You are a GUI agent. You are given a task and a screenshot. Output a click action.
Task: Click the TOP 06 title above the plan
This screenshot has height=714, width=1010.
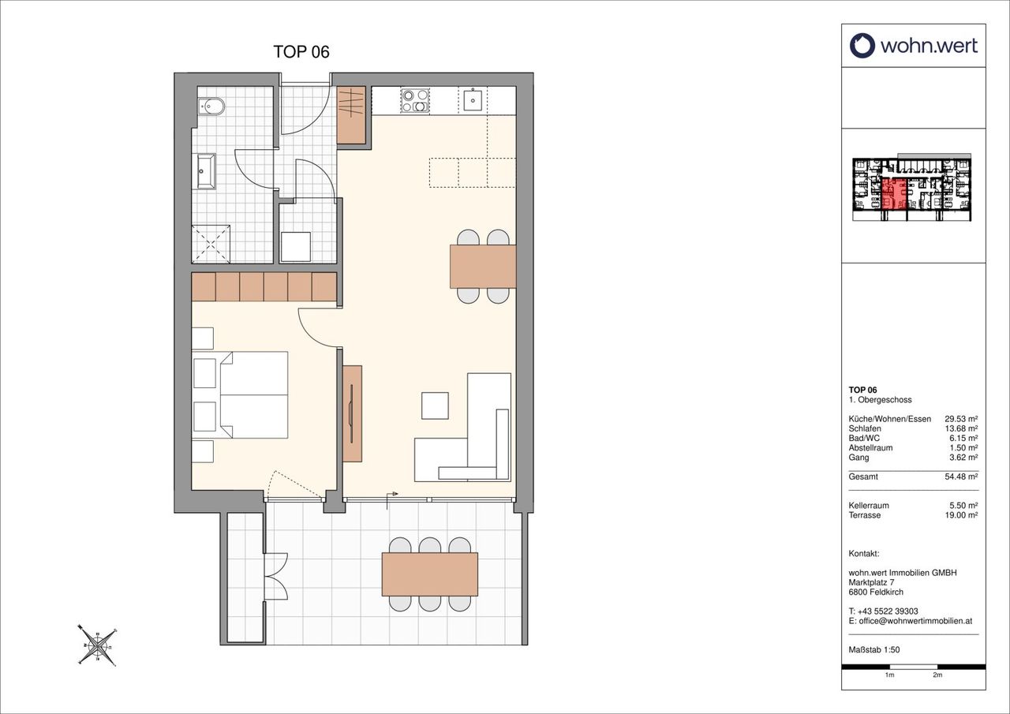[x=301, y=52]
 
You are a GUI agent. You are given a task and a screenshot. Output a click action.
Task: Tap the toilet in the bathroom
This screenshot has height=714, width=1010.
[x=211, y=107]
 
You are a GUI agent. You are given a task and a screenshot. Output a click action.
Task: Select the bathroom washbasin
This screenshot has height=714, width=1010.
[x=207, y=171]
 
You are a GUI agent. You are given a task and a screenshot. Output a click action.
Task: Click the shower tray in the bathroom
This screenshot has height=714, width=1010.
[x=211, y=244]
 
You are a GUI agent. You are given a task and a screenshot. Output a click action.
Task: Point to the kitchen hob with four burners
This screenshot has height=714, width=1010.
[x=415, y=100]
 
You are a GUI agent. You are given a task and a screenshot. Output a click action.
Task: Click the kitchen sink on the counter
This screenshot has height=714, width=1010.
[x=473, y=100]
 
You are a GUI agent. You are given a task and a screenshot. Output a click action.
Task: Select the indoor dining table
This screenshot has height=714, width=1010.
[x=483, y=267]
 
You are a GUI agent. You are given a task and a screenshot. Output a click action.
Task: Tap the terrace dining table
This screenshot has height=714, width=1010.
[x=430, y=574]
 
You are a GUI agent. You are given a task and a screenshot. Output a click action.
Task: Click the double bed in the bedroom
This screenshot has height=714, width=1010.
[x=254, y=394]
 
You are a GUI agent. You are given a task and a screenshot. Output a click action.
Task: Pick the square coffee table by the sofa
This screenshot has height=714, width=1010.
[x=435, y=406]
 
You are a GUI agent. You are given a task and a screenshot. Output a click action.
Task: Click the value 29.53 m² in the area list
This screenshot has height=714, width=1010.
[x=961, y=419]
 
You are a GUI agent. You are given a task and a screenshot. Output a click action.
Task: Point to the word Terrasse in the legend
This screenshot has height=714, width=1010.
[x=864, y=515]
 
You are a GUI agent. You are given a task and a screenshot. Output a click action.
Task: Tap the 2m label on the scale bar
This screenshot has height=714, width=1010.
[x=937, y=688]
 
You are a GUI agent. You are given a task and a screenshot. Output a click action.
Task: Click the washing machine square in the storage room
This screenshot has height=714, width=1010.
[x=296, y=247]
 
